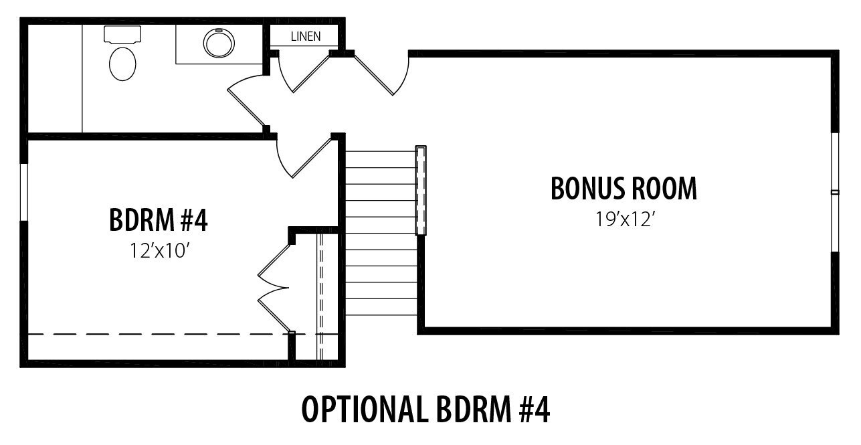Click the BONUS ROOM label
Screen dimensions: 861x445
624,189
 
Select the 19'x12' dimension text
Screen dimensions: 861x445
625,219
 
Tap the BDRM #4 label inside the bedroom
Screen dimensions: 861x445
159,219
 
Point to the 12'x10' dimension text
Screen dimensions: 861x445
160,251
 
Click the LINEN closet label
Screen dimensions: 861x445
306,37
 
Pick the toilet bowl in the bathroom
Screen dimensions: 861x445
122,64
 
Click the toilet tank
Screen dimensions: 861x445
122,34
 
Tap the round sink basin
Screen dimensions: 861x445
219,43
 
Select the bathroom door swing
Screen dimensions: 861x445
246,100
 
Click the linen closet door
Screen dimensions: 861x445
304,73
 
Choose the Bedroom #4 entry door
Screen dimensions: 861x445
304,159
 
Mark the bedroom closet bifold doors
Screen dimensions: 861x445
274,288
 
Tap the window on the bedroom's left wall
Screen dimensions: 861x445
24,192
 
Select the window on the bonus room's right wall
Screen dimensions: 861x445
835,192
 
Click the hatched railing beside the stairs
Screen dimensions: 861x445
421,191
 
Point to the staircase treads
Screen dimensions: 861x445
381,233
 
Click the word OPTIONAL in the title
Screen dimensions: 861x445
365,410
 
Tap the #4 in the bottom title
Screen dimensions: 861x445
535,410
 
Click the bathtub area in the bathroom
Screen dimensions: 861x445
55,78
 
